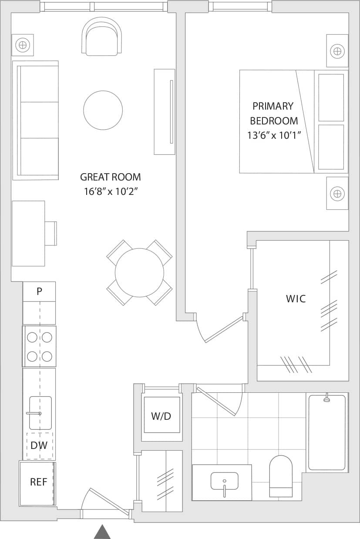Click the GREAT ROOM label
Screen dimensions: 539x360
pyautogui.click(x=110, y=177)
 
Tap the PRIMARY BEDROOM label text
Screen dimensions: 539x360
pyautogui.click(x=273, y=113)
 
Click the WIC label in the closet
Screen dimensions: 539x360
pyautogui.click(x=296, y=299)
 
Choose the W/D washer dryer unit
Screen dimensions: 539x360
pyautogui.click(x=161, y=415)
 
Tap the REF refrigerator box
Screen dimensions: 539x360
pyautogui.click(x=38, y=482)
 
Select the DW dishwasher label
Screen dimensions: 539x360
pyautogui.click(x=40, y=445)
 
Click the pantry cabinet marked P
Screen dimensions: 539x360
pyautogui.click(x=39, y=291)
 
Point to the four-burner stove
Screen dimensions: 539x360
pyautogui.click(x=39, y=346)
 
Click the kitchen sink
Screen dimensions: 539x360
pyautogui.click(x=40, y=413)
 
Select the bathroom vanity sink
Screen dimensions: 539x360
pyautogui.click(x=224, y=482)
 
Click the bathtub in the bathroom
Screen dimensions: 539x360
pyautogui.click(x=326, y=432)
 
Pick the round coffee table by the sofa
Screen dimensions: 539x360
pyautogui.click(x=103, y=110)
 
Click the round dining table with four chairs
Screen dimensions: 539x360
pyautogui.click(x=139, y=273)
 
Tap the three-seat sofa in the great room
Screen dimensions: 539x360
pyautogui.click(x=37, y=120)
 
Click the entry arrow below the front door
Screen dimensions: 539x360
pyautogui.click(x=102, y=532)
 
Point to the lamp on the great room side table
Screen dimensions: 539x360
pyautogui.click(x=23, y=45)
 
